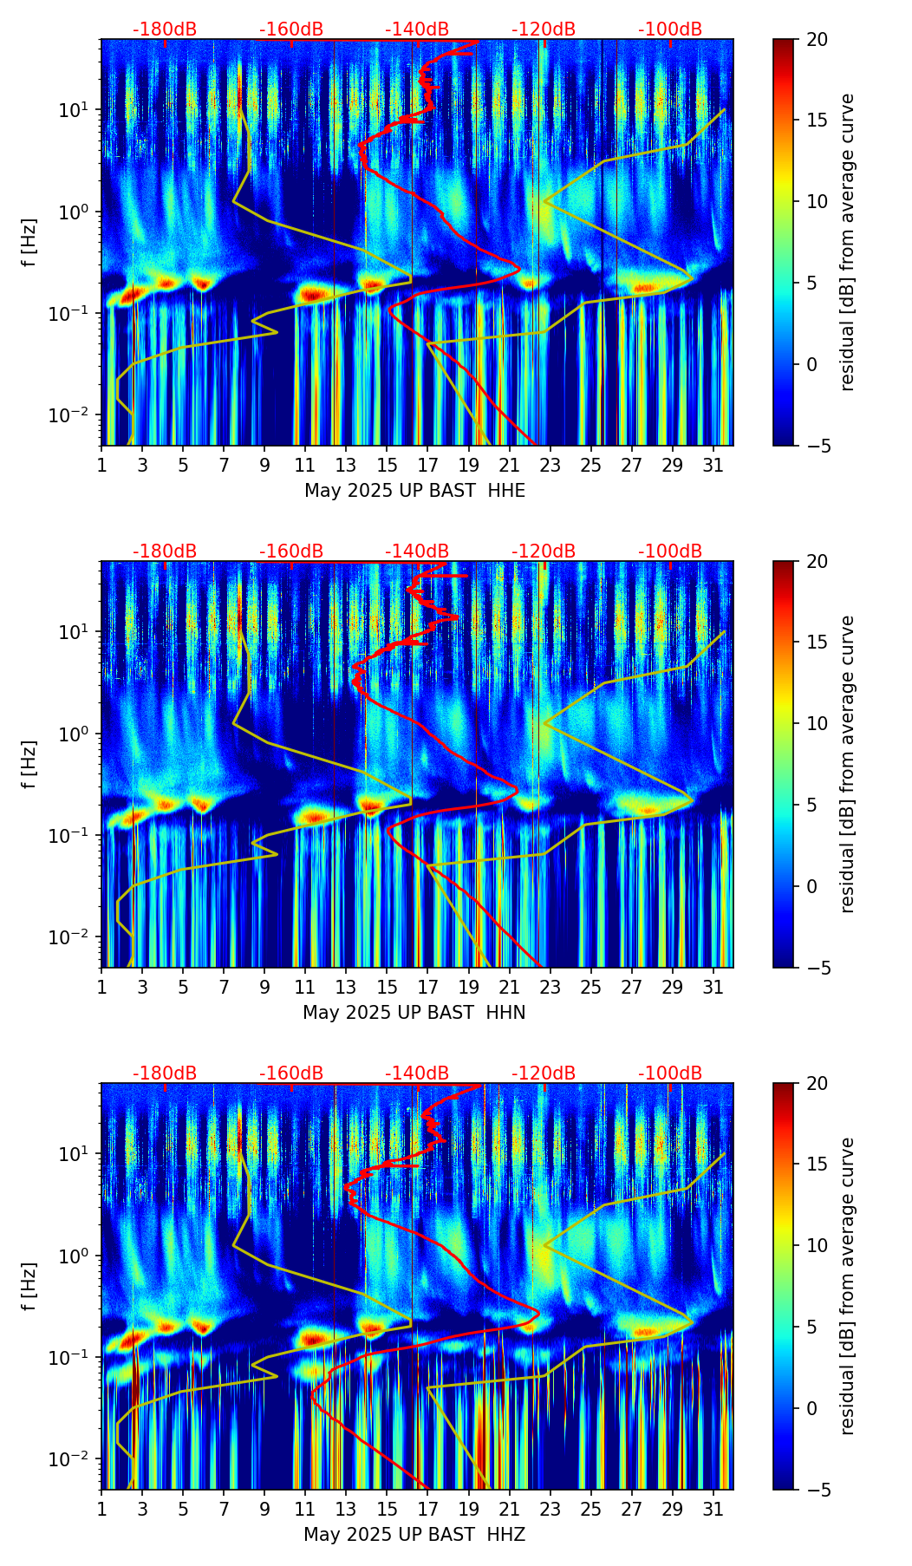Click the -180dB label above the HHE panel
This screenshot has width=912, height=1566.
(165, 29)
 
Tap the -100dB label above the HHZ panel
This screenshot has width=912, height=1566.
(670, 1073)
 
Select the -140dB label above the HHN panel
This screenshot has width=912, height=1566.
(417, 551)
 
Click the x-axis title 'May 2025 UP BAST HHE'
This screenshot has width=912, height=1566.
(414, 491)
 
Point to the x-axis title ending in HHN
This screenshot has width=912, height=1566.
(414, 1013)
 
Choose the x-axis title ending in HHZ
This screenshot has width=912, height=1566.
(414, 1535)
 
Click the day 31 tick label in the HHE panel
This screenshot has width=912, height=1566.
(713, 466)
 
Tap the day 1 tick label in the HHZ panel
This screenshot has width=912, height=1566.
(101, 1510)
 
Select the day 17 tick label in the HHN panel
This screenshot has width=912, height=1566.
(428, 988)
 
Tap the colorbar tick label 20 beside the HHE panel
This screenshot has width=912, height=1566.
(817, 40)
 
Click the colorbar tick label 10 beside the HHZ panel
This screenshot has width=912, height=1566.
(817, 1246)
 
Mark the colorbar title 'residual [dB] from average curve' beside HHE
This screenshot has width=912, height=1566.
(848, 242)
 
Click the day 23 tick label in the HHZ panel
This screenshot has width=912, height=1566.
(550, 1510)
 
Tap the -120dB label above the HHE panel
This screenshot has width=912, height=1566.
(544, 29)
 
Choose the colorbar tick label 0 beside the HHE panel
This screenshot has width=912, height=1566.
(811, 364)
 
